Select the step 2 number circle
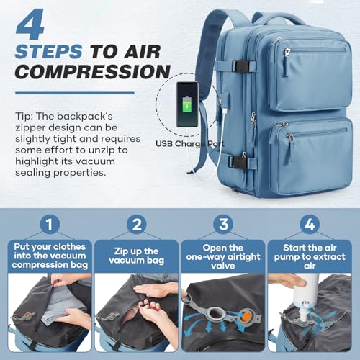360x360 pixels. (x=136, y=223)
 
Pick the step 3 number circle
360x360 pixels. (x=224, y=223)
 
